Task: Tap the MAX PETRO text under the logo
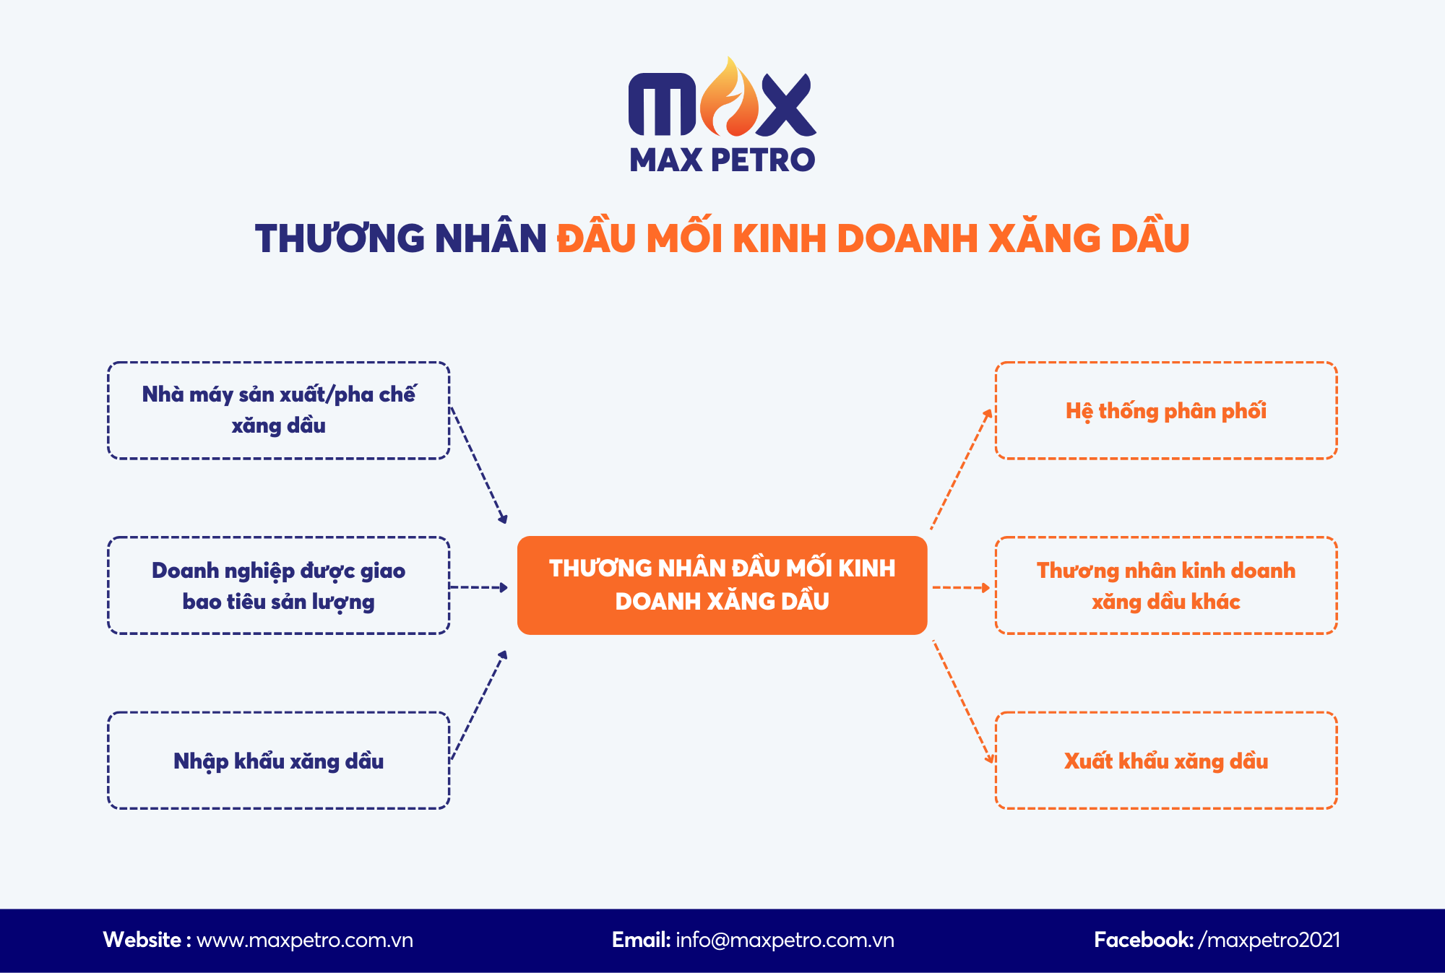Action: click(x=722, y=160)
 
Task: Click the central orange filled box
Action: click(x=722, y=585)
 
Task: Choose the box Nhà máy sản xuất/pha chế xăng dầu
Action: click(x=278, y=410)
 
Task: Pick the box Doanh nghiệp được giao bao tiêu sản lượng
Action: click(x=278, y=586)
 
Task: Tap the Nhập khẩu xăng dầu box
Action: click(x=278, y=761)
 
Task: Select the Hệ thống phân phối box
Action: click(x=1165, y=410)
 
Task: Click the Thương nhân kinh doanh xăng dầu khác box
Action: click(x=1165, y=586)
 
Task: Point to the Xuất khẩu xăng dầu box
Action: click(x=1165, y=761)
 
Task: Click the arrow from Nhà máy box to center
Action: click(x=478, y=465)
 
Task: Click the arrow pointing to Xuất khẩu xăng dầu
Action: click(x=963, y=701)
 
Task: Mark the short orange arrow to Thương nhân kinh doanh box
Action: click(x=961, y=587)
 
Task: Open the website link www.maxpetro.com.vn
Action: click(x=304, y=940)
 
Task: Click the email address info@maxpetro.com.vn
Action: click(x=785, y=940)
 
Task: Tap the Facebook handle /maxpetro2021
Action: click(x=1269, y=940)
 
